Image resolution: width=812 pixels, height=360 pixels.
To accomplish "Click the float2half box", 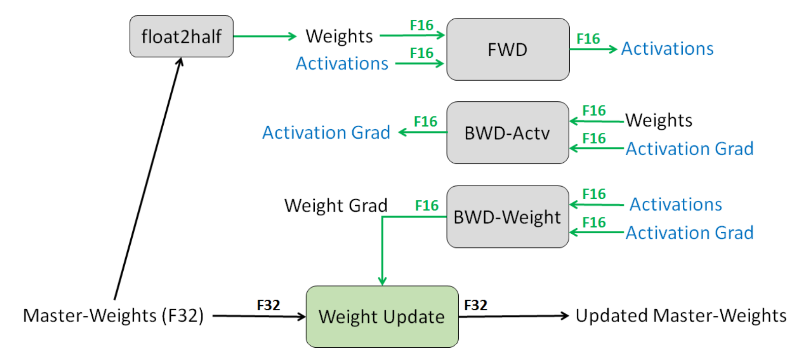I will coord(181,37).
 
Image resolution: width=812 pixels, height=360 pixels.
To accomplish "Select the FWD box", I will coord(507,50).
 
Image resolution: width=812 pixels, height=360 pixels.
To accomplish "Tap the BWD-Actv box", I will coord(507,133).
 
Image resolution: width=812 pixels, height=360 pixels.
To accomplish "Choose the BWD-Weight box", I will coord(507,217).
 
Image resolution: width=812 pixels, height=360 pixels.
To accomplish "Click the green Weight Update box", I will coord(382,317).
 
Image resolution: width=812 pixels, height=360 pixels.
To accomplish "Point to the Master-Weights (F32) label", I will coord(114,315).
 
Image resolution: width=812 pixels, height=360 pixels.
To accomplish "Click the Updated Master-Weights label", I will coord(681,315).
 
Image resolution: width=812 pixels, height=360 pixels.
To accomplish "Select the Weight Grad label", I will coord(336,205).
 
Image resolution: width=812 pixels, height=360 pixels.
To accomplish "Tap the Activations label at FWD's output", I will coord(667,49).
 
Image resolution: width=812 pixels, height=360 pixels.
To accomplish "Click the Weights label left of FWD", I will coord(339,36).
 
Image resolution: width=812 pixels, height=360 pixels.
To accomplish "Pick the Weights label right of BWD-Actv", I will coord(658,120).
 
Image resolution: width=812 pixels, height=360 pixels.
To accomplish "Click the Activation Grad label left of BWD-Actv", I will coord(326,133).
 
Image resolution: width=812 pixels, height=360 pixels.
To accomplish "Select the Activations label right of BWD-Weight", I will coord(676,204).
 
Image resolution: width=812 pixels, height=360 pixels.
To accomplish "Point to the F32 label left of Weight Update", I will coord(268,305).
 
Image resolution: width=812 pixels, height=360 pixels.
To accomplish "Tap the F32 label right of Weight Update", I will coord(475,305).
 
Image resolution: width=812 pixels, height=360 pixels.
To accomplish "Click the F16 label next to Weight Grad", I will coord(426,205).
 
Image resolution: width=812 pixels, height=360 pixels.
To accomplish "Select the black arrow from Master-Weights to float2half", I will coord(147,177).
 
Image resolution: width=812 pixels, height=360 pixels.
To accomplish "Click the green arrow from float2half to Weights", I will coord(264,36).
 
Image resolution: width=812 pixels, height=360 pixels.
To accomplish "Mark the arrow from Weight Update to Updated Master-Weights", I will coord(513,316).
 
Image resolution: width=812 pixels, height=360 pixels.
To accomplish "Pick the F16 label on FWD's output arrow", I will coord(588,39).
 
